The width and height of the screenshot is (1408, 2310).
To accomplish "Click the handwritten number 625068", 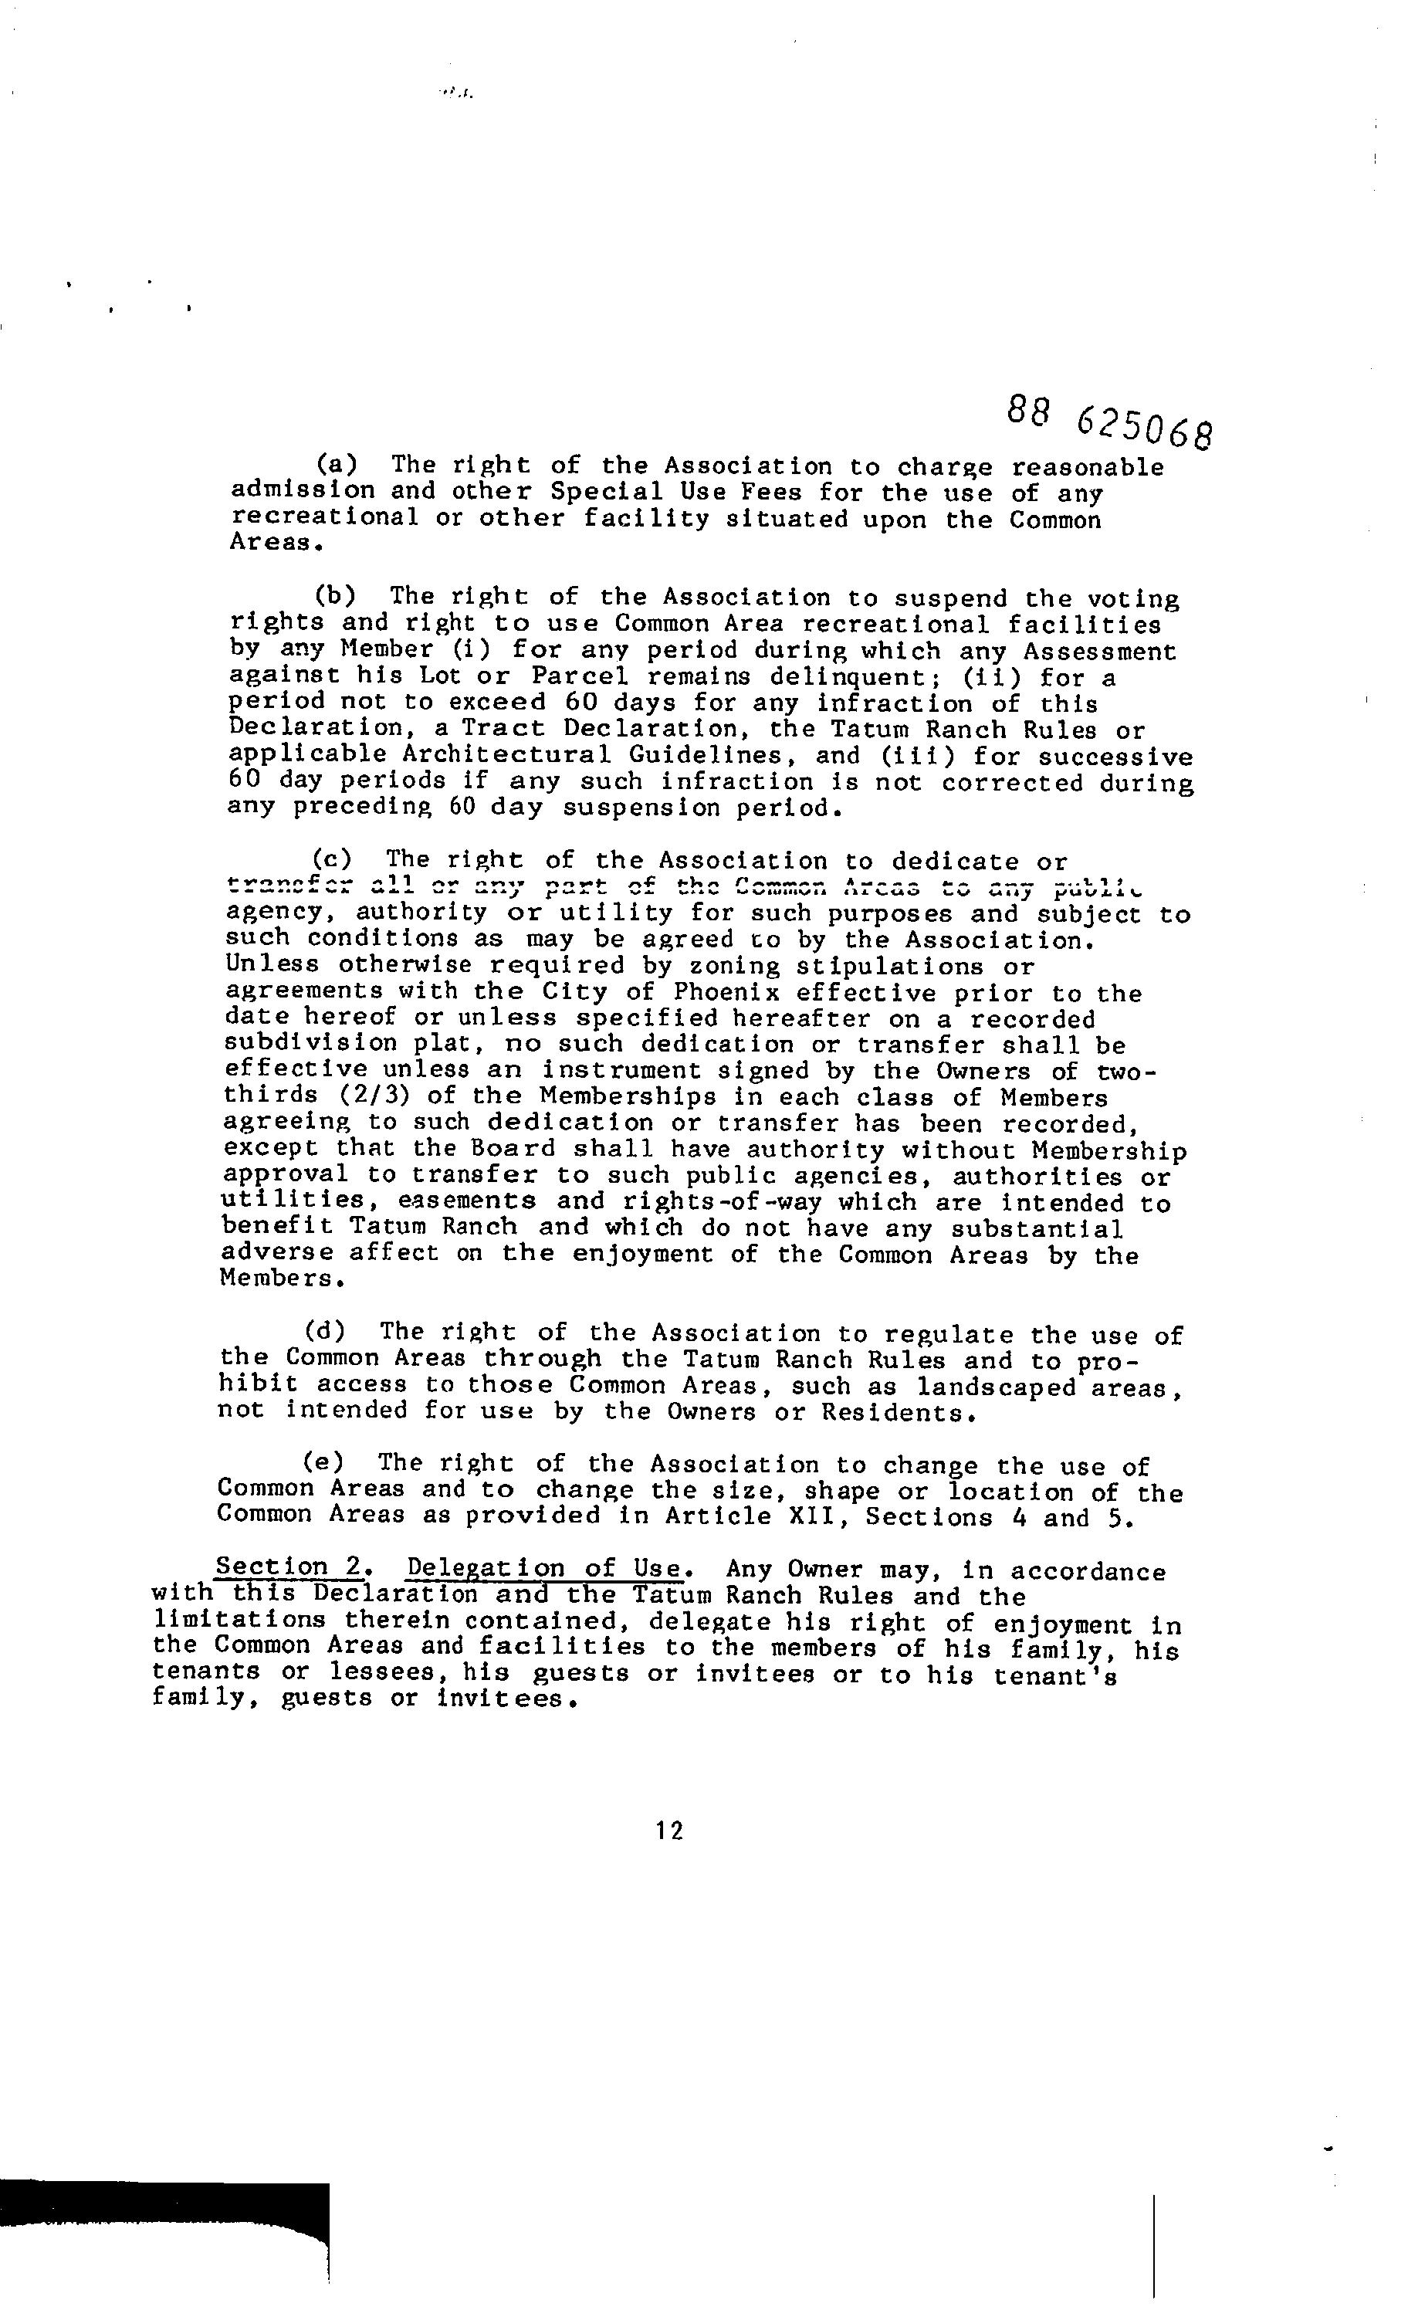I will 1145,429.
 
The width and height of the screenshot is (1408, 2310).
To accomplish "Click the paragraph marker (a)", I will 336,465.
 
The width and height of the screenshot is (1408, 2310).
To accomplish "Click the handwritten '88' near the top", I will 1027,410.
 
